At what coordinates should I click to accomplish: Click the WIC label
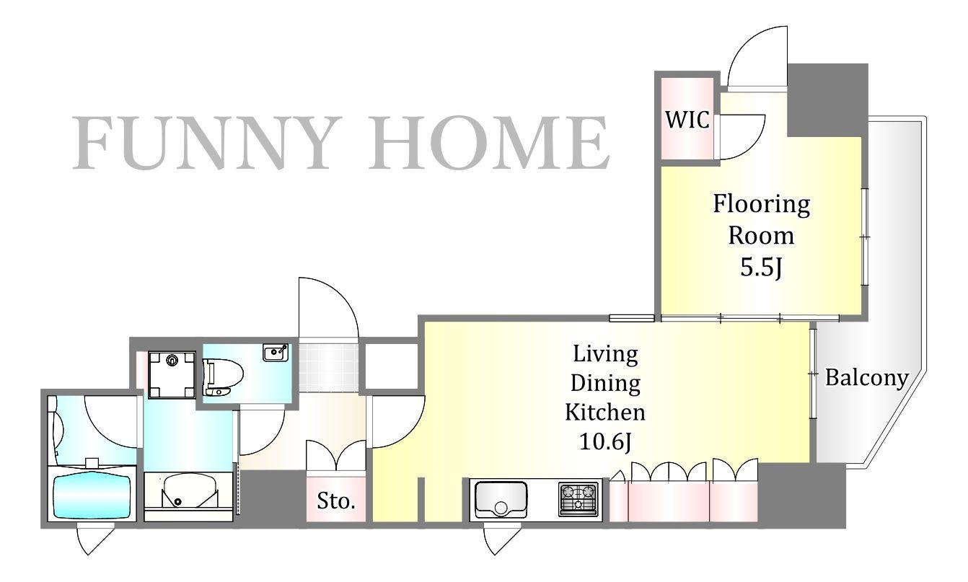(687, 120)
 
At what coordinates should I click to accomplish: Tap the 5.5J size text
(761, 268)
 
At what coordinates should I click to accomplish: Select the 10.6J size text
(605, 441)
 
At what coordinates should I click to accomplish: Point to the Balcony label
(866, 378)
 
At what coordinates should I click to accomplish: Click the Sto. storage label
(336, 501)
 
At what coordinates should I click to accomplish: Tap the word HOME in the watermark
(488, 143)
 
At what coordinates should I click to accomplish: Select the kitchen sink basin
(501, 500)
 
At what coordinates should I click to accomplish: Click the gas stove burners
(578, 500)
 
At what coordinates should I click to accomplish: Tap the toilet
(222, 377)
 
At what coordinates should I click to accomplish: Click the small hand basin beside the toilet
(275, 353)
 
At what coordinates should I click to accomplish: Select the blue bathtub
(92, 495)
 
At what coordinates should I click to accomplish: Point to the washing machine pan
(172, 374)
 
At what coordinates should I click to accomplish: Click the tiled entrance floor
(328, 367)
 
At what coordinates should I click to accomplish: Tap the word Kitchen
(605, 413)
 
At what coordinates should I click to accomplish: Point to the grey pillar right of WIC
(827, 100)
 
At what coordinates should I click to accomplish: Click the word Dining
(605, 384)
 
